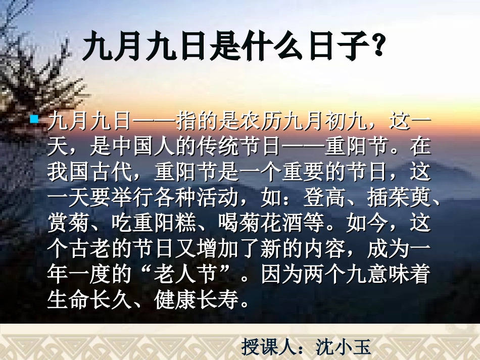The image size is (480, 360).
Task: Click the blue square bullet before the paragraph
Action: (35, 120)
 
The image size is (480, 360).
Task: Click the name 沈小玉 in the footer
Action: (344, 347)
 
